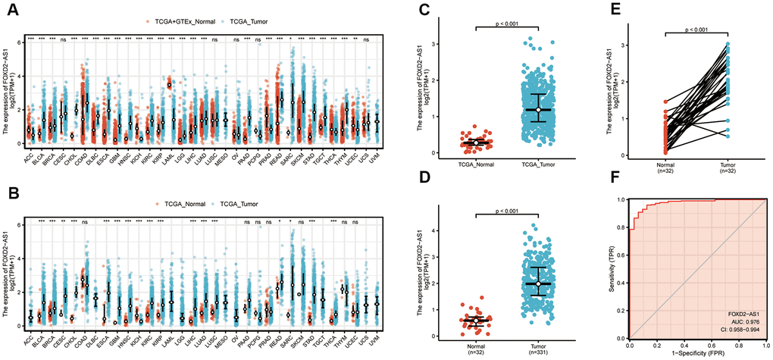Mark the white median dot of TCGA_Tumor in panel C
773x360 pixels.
pyautogui.click(x=539, y=111)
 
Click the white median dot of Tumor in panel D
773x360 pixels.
pyautogui.click(x=539, y=283)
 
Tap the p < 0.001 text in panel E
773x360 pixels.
pyautogui.click(x=693, y=29)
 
